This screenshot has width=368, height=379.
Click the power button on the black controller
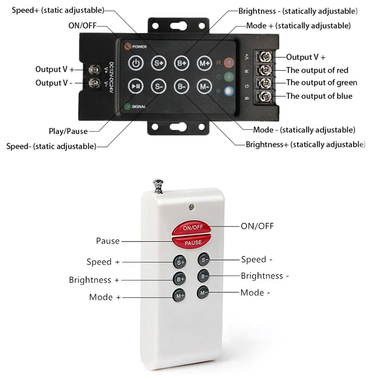[135, 63]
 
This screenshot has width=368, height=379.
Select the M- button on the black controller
[204, 86]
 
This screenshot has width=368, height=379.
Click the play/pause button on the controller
[135, 86]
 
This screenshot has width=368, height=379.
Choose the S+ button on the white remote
[180, 262]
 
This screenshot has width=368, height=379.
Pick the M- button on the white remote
[204, 293]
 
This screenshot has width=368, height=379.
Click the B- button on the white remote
[204, 276]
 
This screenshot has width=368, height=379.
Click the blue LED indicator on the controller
[228, 91]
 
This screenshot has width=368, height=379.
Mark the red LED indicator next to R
[228, 62]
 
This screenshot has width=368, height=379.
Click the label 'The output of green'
[322, 83]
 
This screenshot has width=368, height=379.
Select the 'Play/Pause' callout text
[68, 131]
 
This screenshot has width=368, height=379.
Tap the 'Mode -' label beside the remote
[255, 293]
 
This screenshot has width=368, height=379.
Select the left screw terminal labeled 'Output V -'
[95, 83]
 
